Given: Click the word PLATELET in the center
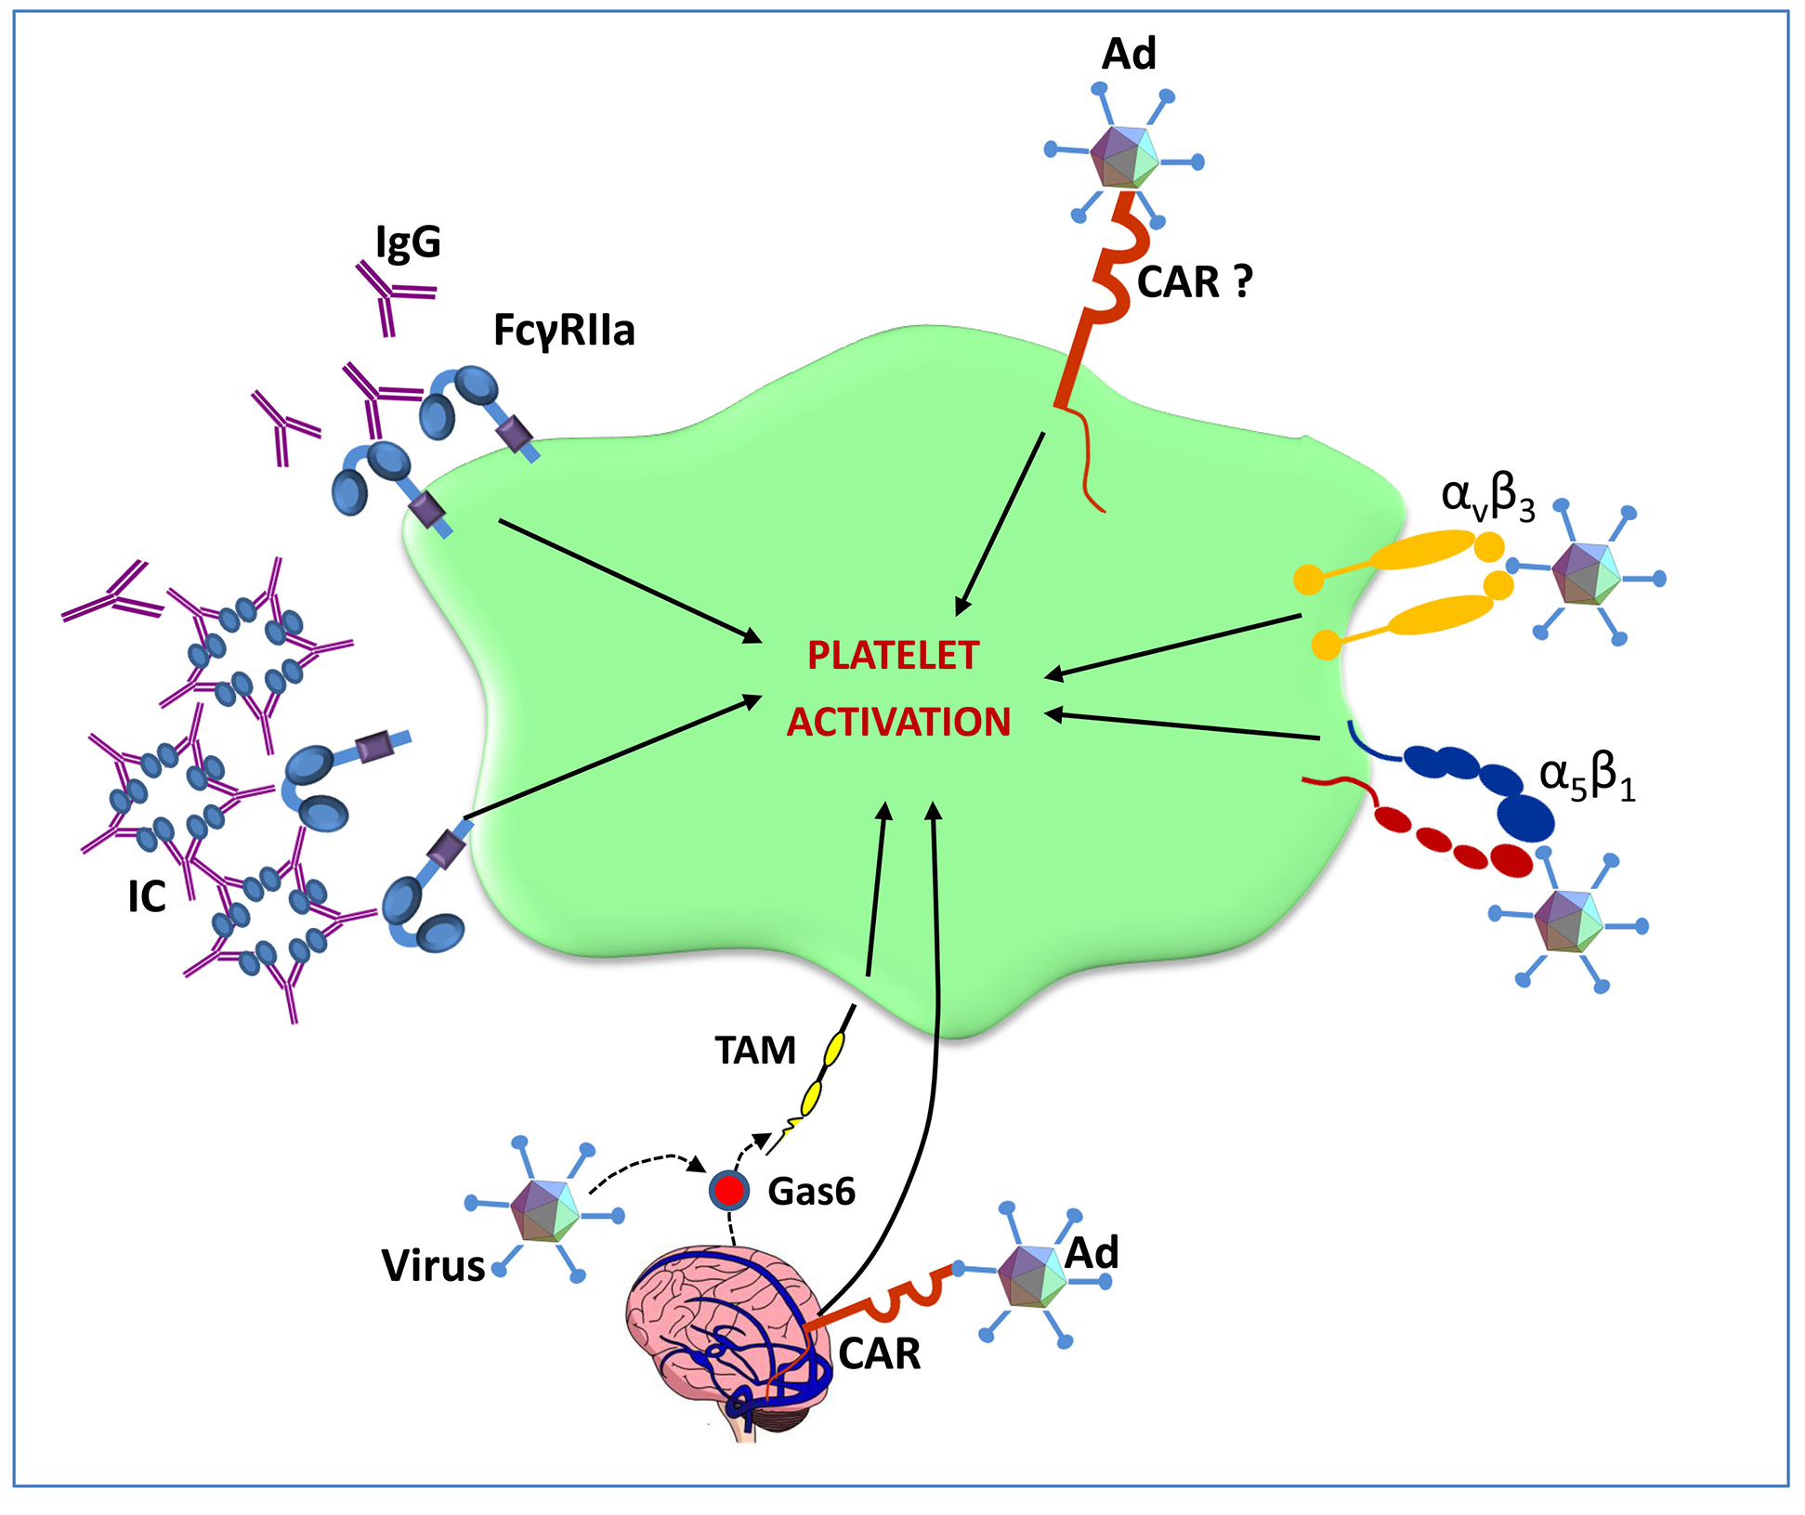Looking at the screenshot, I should pos(893,656).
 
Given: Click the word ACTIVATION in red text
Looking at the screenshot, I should pos(898,723).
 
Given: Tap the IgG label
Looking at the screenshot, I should pos(408,243).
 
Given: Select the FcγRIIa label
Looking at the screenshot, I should pos(564,331).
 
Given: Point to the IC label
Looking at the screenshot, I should pos(147,897).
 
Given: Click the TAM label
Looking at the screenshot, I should pos(755,1051).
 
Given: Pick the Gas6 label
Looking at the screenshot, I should pos(811,1192).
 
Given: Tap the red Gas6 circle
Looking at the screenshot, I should pos(729,1190).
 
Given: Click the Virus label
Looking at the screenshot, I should pos(433,1266).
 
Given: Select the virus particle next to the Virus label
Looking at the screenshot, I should pos(544,1210).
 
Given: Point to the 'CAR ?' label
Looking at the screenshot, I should pos(1195,282).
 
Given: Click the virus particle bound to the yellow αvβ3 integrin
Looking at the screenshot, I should pos(1586,573).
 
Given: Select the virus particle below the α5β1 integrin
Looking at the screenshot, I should pos(1568,921).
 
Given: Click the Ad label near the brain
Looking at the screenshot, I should pos(1092,1254).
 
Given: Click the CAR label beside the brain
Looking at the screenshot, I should pos(879,1354).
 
